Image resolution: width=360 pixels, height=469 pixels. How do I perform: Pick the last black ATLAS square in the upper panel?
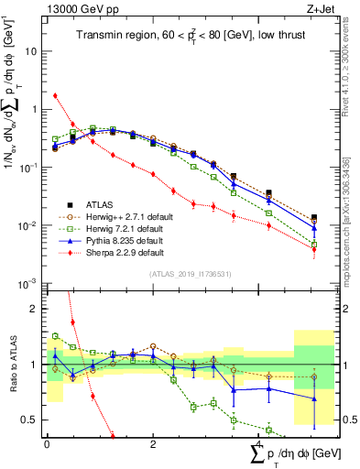314,218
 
